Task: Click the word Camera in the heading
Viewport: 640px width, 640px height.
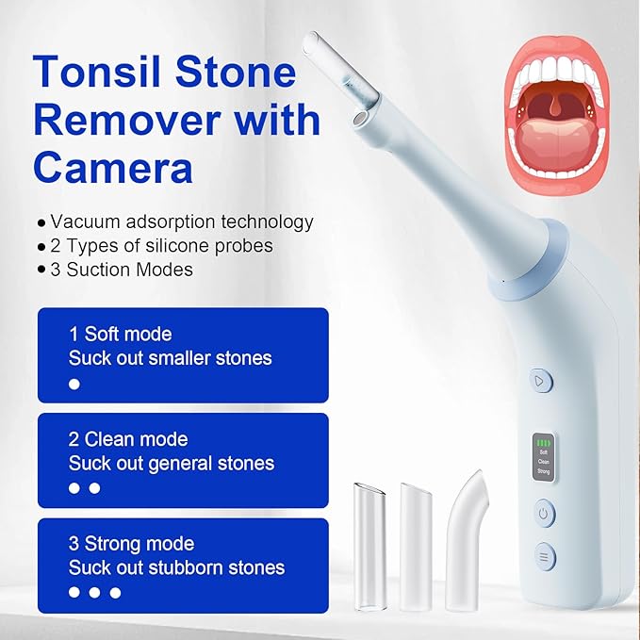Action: click(113, 168)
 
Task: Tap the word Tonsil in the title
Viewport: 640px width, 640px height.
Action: click(97, 73)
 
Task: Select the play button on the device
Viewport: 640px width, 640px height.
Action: click(540, 381)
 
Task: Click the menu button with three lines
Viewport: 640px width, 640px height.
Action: click(545, 556)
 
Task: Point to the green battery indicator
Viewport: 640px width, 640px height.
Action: click(543, 443)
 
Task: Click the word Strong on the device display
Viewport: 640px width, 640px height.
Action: click(543, 471)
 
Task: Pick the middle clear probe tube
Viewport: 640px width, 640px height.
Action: click(415, 547)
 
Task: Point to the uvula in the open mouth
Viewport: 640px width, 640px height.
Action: click(554, 104)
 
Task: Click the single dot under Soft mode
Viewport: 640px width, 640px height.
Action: click(74, 384)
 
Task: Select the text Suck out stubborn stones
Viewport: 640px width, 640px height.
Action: click(176, 567)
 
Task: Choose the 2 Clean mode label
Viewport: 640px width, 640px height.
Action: click(128, 439)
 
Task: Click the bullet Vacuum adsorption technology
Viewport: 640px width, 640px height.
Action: click(175, 222)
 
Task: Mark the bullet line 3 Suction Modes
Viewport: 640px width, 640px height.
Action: click(115, 270)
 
